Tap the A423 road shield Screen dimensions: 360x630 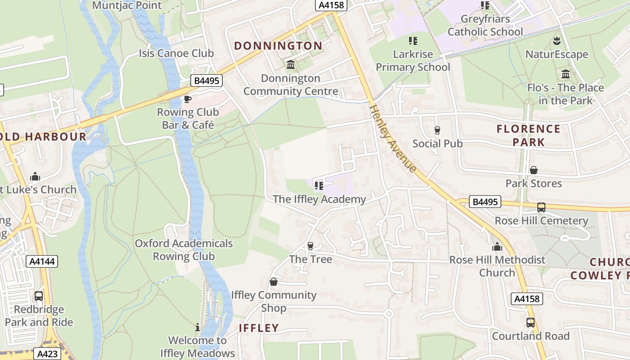(x=47, y=354)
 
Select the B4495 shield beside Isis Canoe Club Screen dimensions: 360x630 (x=207, y=81)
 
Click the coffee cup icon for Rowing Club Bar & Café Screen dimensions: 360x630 (x=187, y=99)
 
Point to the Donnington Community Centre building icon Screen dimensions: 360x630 (x=291, y=65)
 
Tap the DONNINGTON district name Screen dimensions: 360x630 (x=278, y=46)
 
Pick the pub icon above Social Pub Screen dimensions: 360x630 (x=437, y=130)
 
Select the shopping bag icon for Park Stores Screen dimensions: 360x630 (x=534, y=170)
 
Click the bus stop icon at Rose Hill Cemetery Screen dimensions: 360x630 (x=541, y=207)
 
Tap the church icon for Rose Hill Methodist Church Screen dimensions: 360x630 (x=497, y=247)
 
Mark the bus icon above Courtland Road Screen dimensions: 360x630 (x=531, y=323)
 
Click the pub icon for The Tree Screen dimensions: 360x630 (x=310, y=246)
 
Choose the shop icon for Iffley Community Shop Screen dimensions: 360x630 (x=273, y=282)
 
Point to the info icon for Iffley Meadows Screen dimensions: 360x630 (x=197, y=327)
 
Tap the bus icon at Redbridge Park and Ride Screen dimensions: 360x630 (x=39, y=296)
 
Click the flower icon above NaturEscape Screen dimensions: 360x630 (x=557, y=41)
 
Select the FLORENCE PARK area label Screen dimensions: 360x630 (x=528, y=135)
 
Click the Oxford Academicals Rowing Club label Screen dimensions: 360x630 (x=184, y=250)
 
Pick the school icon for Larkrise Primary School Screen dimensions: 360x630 (x=413, y=41)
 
